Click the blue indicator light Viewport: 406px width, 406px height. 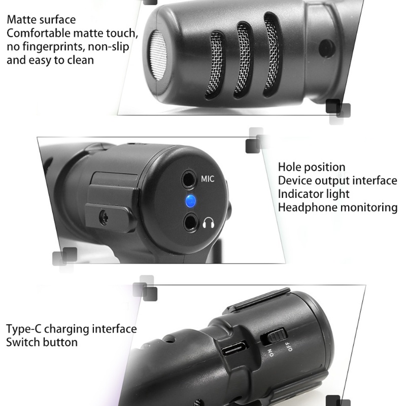(x=190, y=200)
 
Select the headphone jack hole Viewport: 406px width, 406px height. (x=191, y=221)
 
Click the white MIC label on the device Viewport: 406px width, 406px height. (x=208, y=179)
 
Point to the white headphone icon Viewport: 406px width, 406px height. (x=208, y=223)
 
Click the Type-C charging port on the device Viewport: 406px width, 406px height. (x=235, y=350)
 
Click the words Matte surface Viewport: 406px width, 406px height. (x=41, y=20)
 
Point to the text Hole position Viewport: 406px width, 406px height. (x=312, y=167)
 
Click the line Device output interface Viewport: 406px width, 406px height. (x=337, y=181)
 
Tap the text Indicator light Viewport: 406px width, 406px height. (x=314, y=194)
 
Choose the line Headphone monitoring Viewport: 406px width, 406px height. (x=337, y=207)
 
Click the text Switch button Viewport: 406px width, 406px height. (x=42, y=342)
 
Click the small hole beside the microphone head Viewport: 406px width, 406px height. (x=322, y=49)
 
